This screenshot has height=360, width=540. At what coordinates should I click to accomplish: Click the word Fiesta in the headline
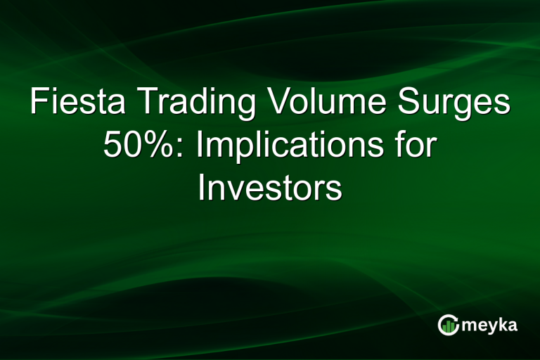click(x=77, y=104)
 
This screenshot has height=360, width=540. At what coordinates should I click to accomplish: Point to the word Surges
click(x=456, y=104)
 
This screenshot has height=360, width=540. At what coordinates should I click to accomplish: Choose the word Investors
click(x=270, y=188)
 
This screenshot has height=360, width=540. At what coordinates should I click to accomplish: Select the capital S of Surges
click(x=412, y=104)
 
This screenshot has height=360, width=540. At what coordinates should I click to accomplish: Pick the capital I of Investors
click(x=202, y=188)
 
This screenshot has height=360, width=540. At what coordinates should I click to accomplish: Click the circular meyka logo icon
click(x=448, y=324)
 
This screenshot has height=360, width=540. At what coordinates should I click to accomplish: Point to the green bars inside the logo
click(x=448, y=326)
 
